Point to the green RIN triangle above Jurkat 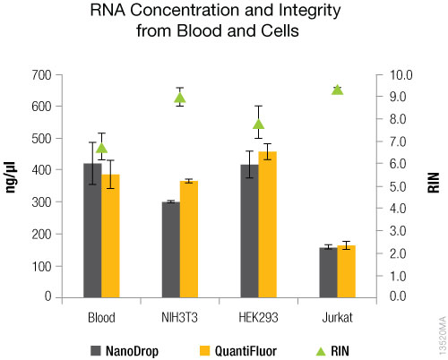tap(338, 90)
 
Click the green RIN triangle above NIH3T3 tap(179, 98)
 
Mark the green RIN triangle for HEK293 tap(259, 124)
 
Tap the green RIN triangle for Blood tap(101, 149)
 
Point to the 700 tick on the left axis tap(39, 75)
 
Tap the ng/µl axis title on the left tap(13, 186)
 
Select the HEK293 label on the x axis tap(259, 318)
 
